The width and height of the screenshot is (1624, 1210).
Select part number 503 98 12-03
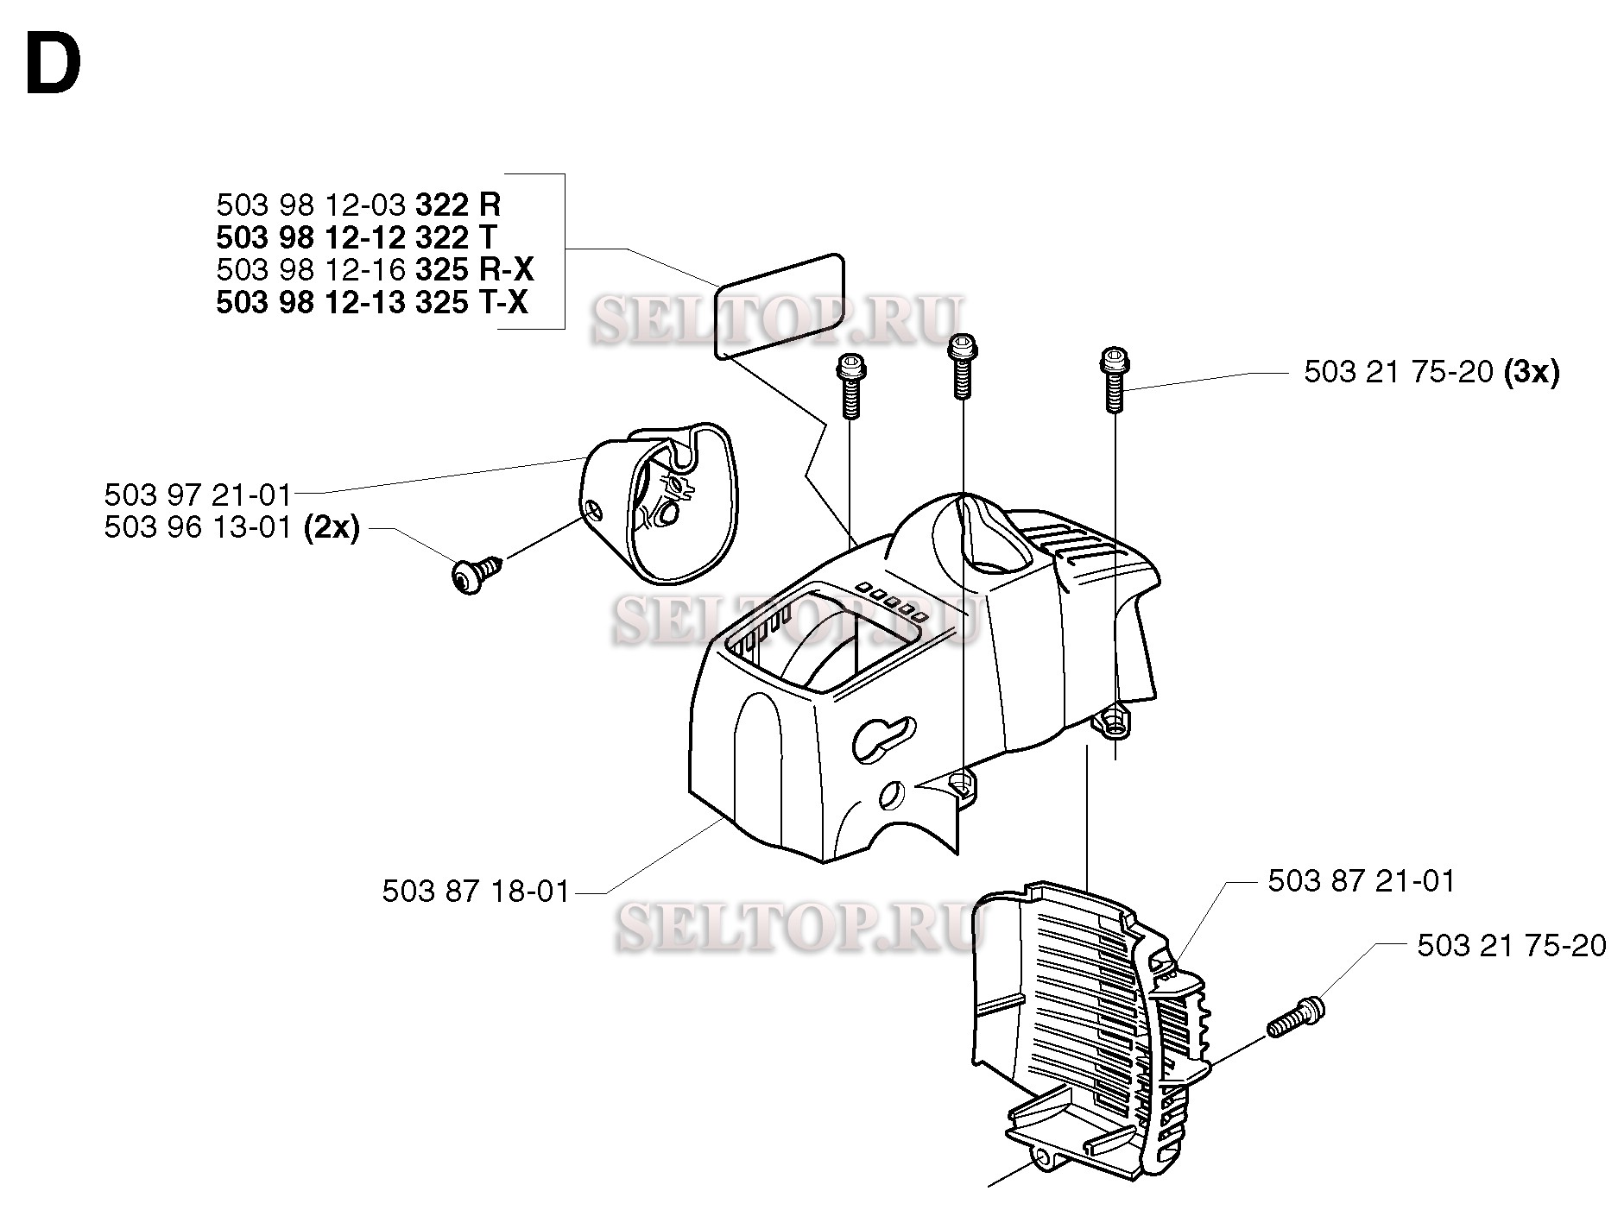coord(311,205)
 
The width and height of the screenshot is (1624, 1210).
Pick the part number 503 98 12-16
coord(311,270)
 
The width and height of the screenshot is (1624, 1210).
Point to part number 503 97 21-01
coord(198,495)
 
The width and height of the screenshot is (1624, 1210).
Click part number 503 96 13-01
coord(198,527)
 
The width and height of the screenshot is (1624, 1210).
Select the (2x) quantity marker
coord(332,527)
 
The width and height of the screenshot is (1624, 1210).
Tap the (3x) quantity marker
coord(1531,373)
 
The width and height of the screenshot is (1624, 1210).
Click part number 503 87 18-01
coord(476,892)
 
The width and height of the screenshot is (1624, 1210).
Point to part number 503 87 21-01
coord(1362,881)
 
